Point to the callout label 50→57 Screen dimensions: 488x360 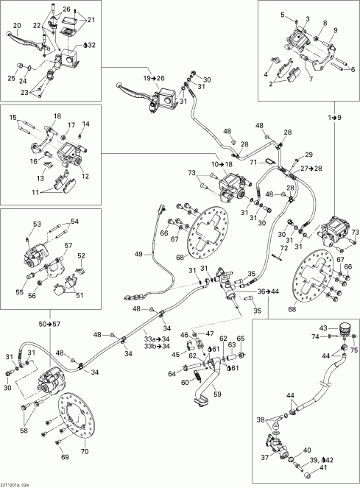point(52,324)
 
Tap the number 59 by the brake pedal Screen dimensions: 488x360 point(216,393)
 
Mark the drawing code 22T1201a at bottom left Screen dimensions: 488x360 point(15,482)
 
